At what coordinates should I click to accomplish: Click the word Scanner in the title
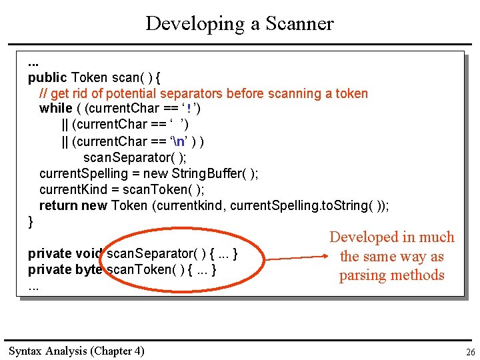(299, 24)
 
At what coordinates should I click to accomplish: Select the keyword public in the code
(47, 77)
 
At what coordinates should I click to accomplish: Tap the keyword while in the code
(55, 108)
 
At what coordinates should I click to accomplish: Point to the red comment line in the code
(203, 93)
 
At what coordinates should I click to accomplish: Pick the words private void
(65, 253)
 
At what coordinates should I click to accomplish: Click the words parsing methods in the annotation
(391, 275)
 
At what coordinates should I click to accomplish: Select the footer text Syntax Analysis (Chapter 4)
(76, 351)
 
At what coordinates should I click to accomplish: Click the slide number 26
(469, 352)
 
